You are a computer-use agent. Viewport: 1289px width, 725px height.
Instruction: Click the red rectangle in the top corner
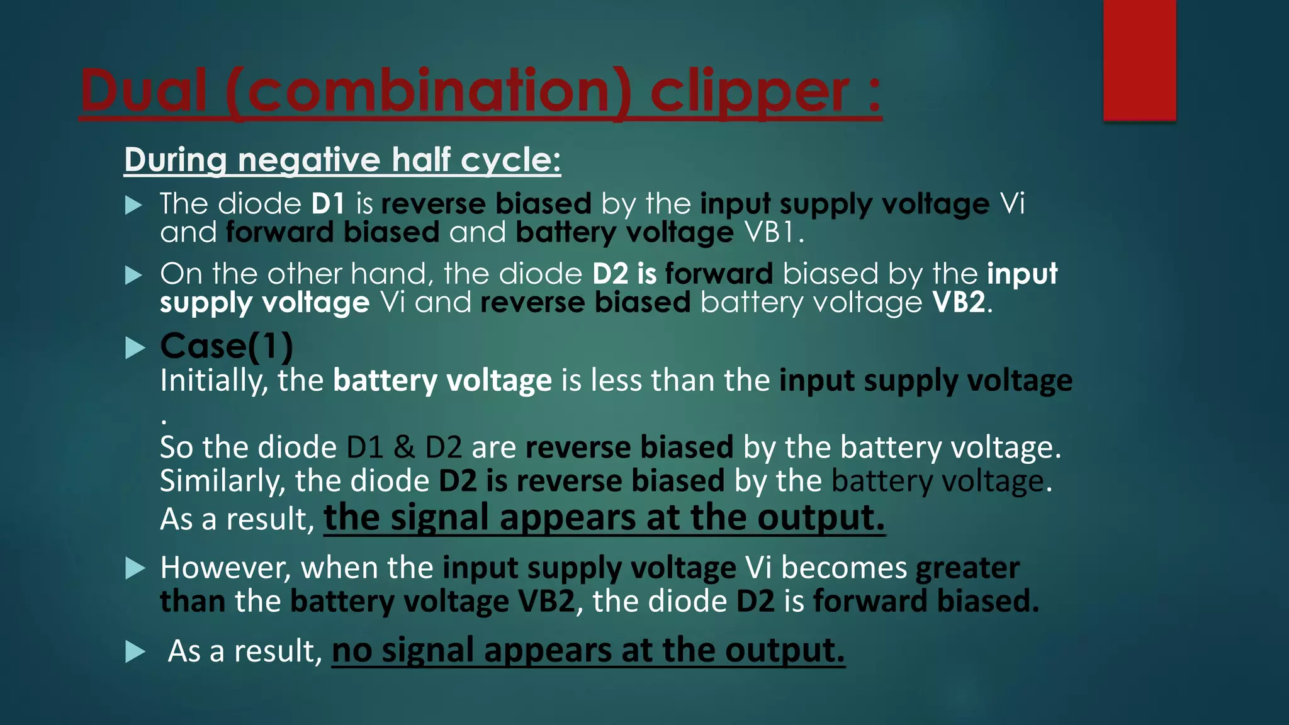(1139, 60)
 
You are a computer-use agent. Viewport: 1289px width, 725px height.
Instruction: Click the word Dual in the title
(144, 91)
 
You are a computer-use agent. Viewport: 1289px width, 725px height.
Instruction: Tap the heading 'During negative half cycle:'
(342, 160)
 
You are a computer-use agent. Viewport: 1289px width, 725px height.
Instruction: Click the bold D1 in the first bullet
(328, 204)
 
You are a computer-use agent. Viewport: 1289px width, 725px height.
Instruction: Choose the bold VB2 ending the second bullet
(959, 303)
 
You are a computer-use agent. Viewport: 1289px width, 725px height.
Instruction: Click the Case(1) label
(227, 346)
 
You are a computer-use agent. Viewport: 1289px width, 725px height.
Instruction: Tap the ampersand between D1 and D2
(404, 447)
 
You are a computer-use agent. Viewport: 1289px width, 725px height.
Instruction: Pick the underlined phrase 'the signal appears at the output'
(604, 519)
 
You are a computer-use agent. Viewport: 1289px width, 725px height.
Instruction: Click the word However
(225, 568)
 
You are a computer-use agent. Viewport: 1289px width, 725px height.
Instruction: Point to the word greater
(967, 568)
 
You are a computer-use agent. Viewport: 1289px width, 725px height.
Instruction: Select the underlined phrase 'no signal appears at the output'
(588, 651)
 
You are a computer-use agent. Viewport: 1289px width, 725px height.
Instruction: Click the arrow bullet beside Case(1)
(135, 347)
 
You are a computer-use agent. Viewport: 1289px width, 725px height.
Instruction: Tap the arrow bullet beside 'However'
(135, 568)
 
